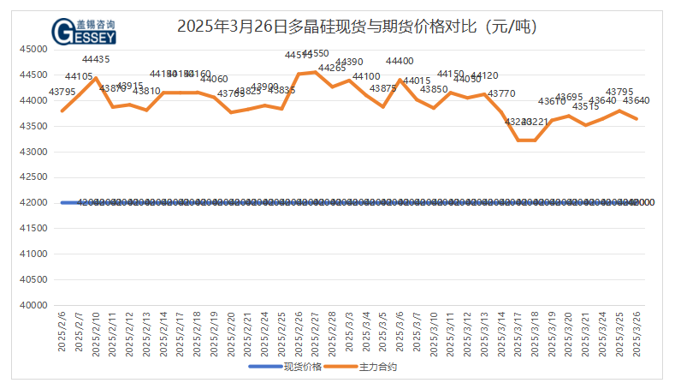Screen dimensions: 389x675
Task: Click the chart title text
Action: [356, 27]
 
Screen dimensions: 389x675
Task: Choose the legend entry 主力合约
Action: [378, 367]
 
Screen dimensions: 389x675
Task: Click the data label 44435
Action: [96, 60]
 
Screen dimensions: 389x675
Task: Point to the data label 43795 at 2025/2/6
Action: [62, 92]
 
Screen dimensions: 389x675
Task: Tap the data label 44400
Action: [400, 62]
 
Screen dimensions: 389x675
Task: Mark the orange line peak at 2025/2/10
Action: [96, 78]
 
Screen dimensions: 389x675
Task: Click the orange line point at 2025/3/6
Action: [400, 80]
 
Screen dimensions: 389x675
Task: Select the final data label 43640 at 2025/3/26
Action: [637, 100]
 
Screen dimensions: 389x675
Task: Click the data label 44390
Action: [349, 63]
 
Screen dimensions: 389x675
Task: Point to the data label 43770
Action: [501, 94]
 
